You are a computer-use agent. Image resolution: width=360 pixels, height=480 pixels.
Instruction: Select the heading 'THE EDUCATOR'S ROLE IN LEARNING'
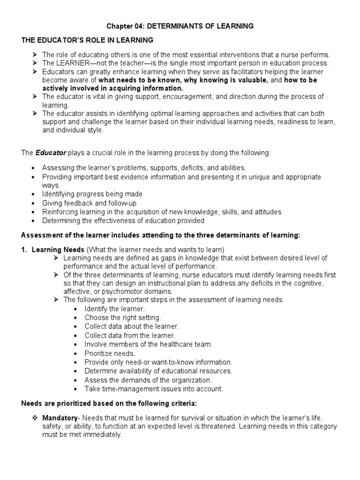[x=87, y=41]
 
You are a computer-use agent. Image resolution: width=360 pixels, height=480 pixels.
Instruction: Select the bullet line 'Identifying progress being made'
[x=92, y=194]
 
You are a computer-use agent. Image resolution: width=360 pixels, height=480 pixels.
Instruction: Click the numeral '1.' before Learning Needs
[x=24, y=249]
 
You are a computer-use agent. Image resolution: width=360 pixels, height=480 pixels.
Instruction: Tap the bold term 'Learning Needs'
[x=58, y=249]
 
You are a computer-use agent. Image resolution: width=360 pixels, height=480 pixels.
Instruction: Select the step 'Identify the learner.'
[x=115, y=309]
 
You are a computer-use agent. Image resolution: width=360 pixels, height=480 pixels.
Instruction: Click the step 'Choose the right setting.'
[x=122, y=318]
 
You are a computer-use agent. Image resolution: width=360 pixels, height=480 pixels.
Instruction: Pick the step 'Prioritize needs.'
[x=110, y=353]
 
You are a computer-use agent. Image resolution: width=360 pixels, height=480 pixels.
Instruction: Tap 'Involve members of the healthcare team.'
[x=149, y=344]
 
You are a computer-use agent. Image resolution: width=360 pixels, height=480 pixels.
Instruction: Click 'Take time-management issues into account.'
[x=154, y=389]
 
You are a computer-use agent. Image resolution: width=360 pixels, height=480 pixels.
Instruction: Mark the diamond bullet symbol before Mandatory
[x=35, y=417]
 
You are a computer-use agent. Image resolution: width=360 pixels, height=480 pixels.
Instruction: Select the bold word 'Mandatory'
[x=60, y=417]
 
